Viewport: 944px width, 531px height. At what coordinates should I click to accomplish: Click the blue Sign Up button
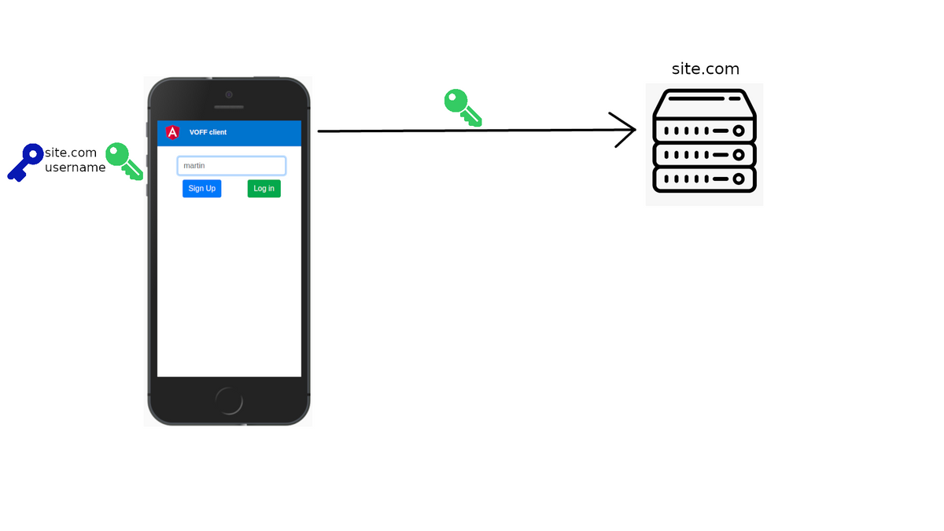point(201,189)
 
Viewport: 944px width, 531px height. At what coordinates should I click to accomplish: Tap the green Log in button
point(264,189)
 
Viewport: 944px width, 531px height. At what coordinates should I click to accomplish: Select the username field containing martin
point(231,166)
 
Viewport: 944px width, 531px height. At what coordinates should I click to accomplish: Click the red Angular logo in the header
point(172,132)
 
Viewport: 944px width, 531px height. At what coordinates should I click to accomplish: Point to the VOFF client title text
point(208,132)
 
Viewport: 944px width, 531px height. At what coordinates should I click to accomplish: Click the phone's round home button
point(229,401)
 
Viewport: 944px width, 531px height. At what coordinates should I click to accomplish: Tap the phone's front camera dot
point(229,94)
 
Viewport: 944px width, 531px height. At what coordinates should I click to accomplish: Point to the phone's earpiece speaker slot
point(229,107)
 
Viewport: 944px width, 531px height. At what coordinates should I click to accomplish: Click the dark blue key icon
point(25,162)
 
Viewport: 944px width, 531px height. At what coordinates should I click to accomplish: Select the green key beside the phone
point(124,160)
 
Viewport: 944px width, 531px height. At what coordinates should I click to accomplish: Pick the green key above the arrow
point(462,107)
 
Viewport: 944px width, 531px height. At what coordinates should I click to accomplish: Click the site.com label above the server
point(705,69)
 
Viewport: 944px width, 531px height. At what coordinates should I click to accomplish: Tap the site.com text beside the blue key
point(71,153)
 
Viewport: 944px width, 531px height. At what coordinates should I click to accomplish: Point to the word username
point(75,168)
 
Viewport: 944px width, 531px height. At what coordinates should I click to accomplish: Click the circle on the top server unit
point(738,131)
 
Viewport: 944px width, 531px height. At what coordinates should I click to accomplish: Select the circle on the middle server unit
point(738,155)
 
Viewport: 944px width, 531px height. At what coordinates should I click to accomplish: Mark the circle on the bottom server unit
point(738,179)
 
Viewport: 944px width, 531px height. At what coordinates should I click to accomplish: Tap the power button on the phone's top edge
point(267,78)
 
